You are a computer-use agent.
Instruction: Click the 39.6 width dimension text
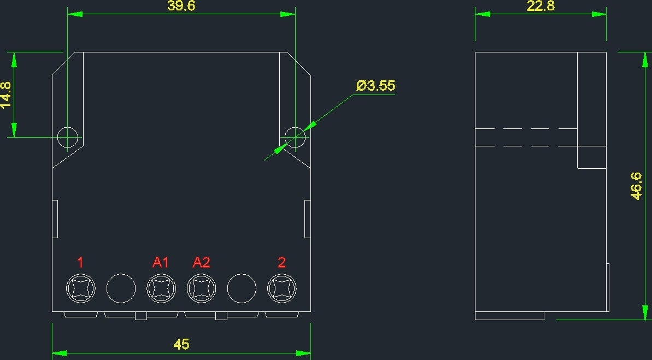point(181,6)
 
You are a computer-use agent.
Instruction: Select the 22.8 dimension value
point(541,6)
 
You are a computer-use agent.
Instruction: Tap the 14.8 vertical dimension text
point(6,95)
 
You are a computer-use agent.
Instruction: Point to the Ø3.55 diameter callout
point(376,86)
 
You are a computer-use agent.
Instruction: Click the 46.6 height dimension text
point(636,186)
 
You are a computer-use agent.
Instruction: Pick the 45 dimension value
point(181,344)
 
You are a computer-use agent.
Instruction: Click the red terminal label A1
point(161,262)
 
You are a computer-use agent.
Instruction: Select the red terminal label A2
point(201,262)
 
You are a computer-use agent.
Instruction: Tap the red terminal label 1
point(80,262)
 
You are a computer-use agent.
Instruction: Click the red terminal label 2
point(281,262)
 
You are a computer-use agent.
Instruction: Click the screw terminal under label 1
point(81,288)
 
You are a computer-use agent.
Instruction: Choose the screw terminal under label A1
point(161,288)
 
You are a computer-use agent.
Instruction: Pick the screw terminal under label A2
point(201,288)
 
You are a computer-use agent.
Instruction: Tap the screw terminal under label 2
point(282,288)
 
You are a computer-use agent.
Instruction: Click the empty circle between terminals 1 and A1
point(121,288)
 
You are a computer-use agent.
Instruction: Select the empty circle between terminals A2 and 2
point(242,288)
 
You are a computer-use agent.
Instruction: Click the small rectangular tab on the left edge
point(55,219)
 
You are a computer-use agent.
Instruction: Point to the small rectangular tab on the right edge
point(308,219)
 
